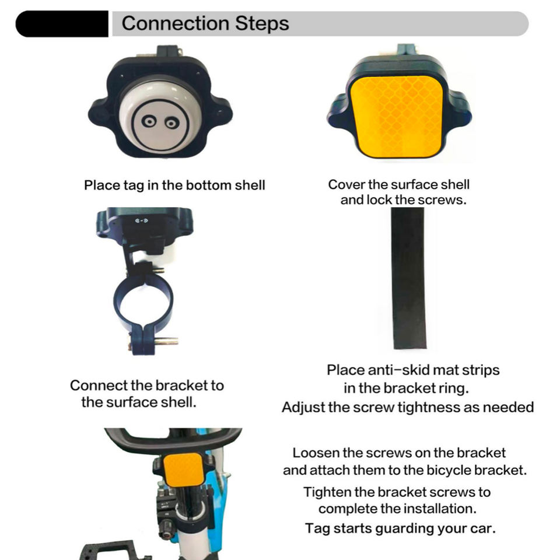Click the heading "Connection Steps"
[205, 24]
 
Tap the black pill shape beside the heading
[62, 24]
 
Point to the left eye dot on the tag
[148, 121]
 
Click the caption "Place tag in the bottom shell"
[174, 185]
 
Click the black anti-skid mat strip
[409, 279]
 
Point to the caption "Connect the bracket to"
[146, 386]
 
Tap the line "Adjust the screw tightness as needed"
[407, 407]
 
